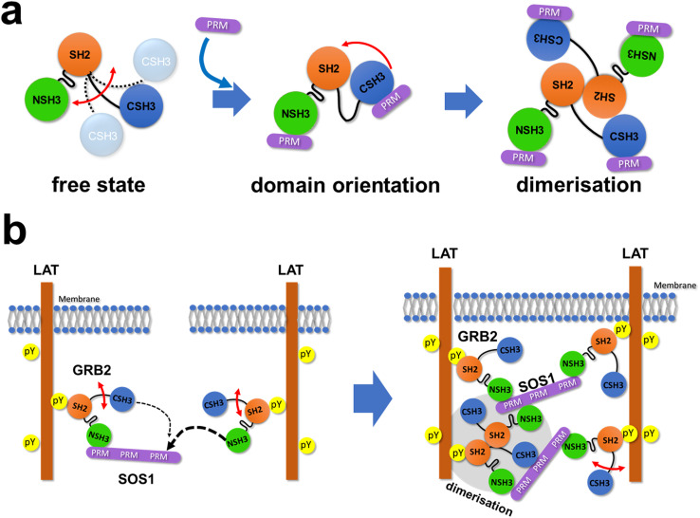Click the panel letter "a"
coord(20,19)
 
